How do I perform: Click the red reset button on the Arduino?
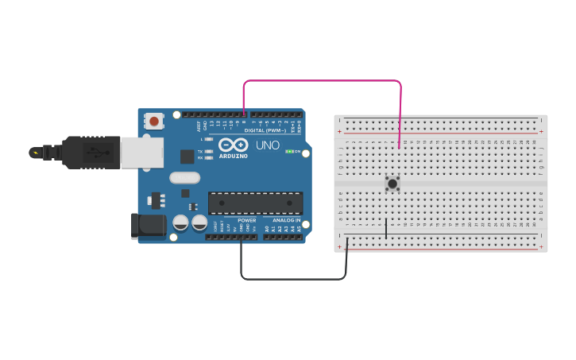pos(153,122)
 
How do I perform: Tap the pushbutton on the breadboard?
pos(392,184)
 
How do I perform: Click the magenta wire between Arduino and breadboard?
pos(322,80)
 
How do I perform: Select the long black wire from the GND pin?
pos(294,279)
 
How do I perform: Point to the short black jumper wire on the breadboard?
pos(386,228)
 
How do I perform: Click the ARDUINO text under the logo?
pos(233,156)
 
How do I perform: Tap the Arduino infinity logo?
pos(232,145)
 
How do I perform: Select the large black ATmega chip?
pos(255,203)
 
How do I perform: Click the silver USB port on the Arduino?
pos(141,152)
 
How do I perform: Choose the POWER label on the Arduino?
pos(247,220)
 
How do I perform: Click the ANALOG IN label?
pos(286,220)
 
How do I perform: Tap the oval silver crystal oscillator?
pos(184,178)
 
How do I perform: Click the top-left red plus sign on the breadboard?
pos(340,131)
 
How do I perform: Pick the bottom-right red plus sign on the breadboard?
pos(541,246)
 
